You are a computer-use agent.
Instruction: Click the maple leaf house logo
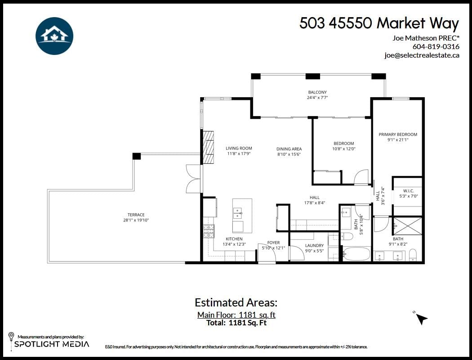tap(54, 36)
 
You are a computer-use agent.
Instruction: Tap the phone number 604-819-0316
tap(436, 46)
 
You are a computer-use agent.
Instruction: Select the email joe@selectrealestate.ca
tap(422, 55)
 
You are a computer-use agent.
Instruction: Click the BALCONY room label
tap(317, 92)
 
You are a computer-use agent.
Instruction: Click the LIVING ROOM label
tap(239, 148)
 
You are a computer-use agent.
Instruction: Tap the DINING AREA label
tap(289, 148)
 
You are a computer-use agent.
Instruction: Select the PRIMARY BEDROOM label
tap(398, 134)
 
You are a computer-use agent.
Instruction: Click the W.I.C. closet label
tap(408, 191)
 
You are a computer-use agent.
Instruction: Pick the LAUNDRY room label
tap(314, 245)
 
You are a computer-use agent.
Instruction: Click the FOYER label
tap(273, 243)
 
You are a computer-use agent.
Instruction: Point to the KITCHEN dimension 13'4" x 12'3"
tap(234, 244)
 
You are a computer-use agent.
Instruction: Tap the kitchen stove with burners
tap(209, 231)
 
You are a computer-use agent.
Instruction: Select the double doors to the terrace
tap(194, 179)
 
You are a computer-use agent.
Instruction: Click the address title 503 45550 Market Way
tap(379, 23)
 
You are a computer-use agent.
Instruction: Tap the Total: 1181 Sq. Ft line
tap(236, 323)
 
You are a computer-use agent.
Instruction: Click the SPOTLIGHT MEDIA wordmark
tap(52, 344)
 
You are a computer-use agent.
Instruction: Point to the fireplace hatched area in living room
tap(209, 148)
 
